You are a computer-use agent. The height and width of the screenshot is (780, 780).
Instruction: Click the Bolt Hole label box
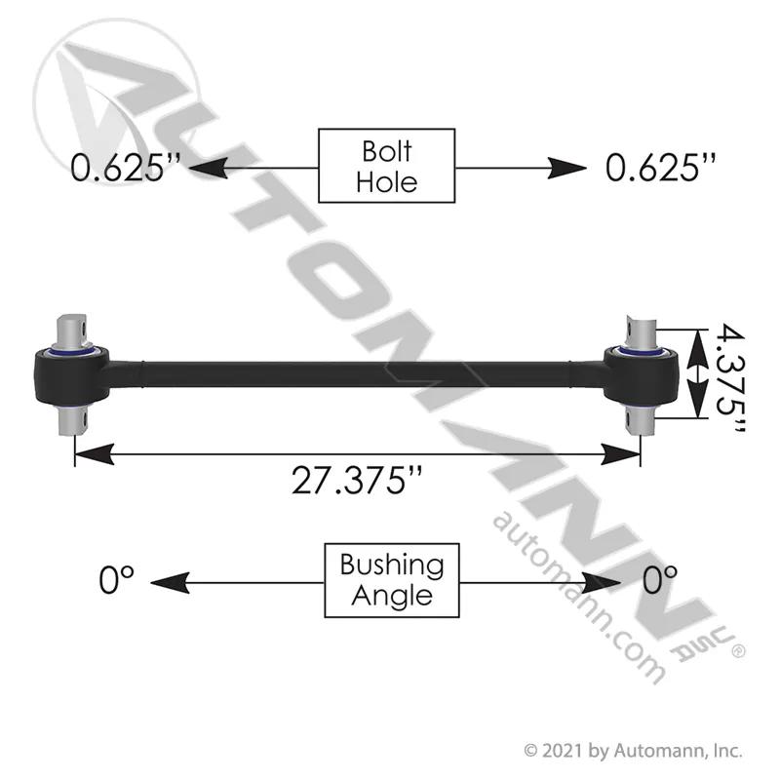386,166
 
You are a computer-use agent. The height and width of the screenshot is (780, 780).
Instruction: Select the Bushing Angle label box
392,580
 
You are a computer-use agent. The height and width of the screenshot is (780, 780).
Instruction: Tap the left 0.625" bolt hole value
125,167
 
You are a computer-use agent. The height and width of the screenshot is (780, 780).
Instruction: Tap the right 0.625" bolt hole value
661,167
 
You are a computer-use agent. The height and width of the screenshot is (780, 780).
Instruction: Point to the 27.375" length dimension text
357,481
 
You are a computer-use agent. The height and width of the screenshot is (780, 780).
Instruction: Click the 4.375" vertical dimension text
730,378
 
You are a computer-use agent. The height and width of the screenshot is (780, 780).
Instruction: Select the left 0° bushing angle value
116,580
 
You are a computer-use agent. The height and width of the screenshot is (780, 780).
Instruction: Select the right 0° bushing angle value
660,580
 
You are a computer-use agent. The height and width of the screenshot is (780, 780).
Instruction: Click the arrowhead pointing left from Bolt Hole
209,168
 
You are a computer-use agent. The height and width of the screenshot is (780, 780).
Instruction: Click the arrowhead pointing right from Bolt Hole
567,168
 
